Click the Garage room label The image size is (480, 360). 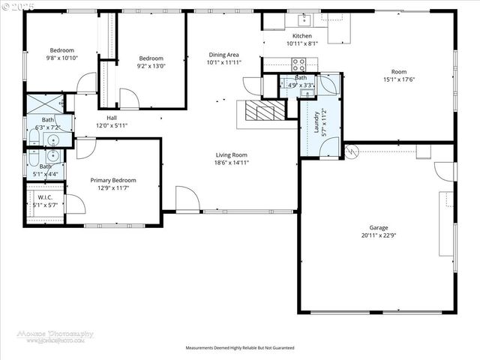coord(378,227)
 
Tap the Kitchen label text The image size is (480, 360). coord(301,36)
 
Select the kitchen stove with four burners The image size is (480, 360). coord(298,64)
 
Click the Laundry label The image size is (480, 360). coord(316,121)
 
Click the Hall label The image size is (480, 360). coord(111,118)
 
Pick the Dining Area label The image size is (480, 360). coord(223,55)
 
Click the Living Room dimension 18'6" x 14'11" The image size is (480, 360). coord(231,163)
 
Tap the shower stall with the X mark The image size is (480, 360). coord(42,103)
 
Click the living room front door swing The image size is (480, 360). coord(187,199)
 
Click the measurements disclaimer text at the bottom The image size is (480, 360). coord(240,348)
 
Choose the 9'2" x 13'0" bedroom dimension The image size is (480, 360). coord(151,66)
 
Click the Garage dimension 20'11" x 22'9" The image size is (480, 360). coord(378,235)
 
